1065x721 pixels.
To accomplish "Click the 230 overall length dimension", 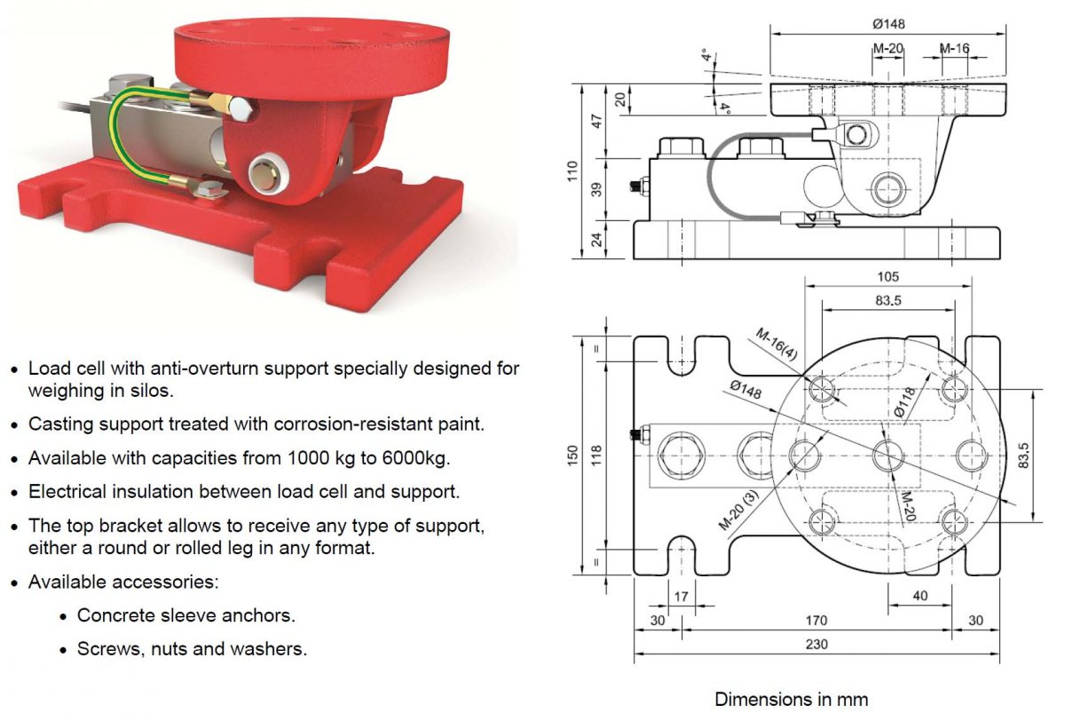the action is [816, 644].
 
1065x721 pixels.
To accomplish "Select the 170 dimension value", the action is [816, 620].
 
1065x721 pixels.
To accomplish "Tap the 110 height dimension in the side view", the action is [572, 171].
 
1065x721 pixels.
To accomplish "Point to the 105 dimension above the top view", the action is [887, 277].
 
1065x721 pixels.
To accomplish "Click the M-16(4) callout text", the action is [777, 345].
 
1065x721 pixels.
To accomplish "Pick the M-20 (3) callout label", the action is [738, 511].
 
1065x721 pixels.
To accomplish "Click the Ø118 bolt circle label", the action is [904, 402].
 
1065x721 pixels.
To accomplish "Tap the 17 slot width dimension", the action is [681, 597].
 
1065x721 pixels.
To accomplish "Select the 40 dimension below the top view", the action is [920, 596].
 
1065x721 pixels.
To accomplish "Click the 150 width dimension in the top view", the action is [572, 456].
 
